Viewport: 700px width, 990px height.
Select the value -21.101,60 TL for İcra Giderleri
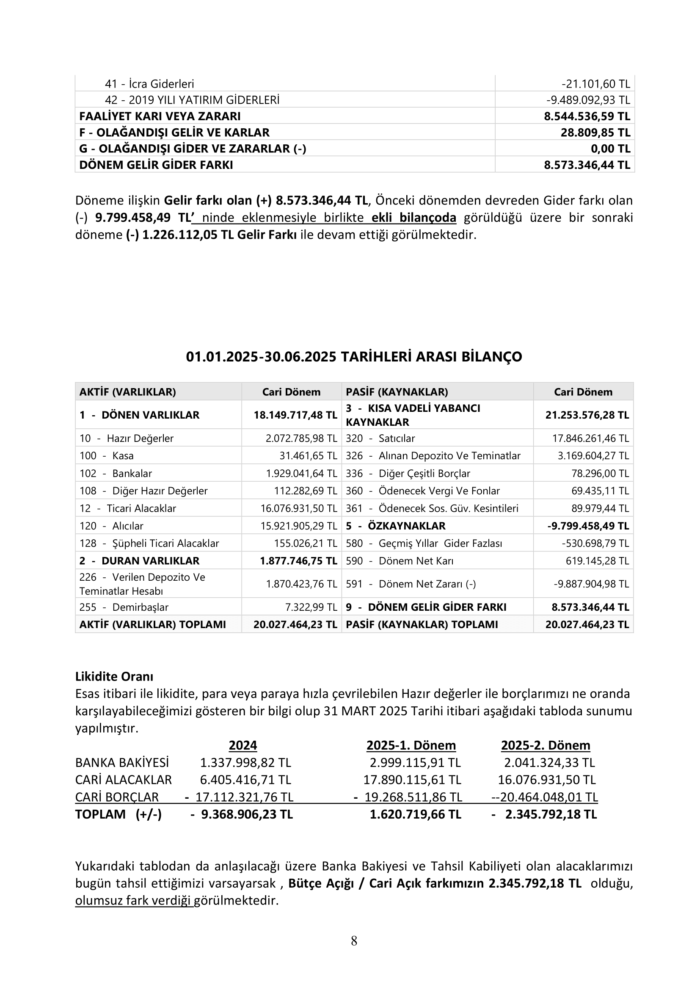596,84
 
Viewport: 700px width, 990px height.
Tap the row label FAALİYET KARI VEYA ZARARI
160,116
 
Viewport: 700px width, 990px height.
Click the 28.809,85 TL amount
595,132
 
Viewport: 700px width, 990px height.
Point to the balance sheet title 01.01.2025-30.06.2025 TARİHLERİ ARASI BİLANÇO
354,356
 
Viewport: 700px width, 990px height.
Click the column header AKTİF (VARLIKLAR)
127,392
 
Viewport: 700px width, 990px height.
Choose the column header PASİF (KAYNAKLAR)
397,392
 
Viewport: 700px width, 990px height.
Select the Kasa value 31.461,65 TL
308,456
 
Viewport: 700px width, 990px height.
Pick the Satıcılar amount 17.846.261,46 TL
590,438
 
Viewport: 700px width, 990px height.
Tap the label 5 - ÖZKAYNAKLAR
396,526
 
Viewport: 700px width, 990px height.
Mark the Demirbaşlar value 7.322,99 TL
311,607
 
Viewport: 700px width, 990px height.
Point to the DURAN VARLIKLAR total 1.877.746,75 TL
298,561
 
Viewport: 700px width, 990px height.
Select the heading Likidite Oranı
114,676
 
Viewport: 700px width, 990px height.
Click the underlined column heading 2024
243,745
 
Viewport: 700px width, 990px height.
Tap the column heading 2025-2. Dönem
545,745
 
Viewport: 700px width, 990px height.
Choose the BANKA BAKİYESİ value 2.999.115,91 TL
415,763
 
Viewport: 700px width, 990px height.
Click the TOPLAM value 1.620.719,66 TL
415,814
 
